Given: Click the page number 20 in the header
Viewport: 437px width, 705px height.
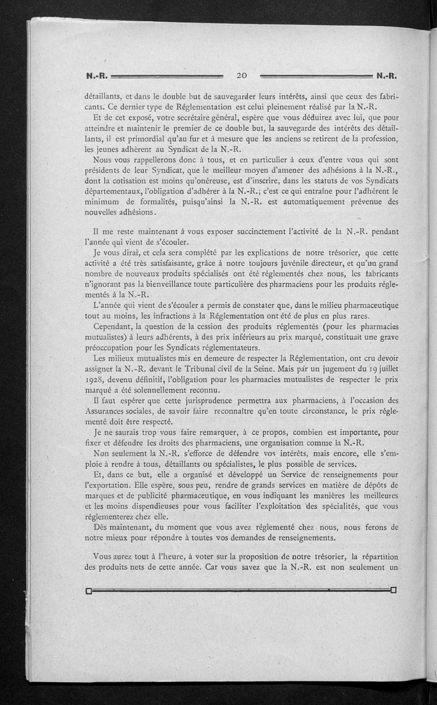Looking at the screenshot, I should pos(244,75).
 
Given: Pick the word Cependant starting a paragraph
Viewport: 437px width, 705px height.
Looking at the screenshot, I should pos(114,327).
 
